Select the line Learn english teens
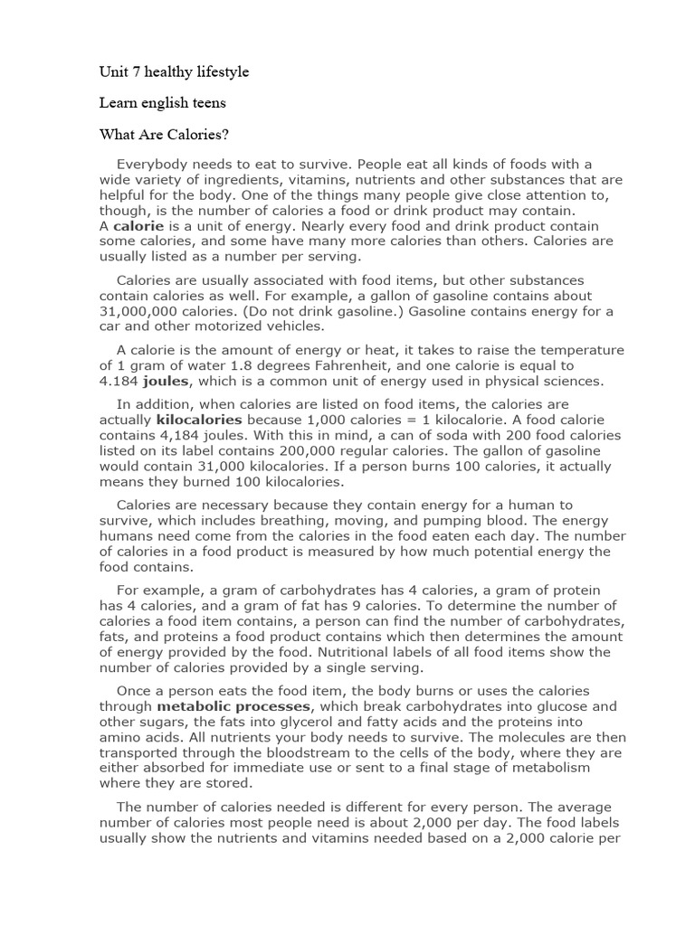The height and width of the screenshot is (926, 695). pyautogui.click(x=163, y=103)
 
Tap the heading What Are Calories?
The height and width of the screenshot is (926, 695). pyautogui.click(x=164, y=135)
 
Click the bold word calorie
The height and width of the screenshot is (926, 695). pyautogui.click(x=138, y=225)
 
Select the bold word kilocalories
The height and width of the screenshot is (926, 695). pyautogui.click(x=198, y=420)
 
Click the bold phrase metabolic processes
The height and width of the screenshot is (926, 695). pyautogui.click(x=234, y=706)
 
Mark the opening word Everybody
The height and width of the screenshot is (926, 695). pyautogui.click(x=153, y=164)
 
